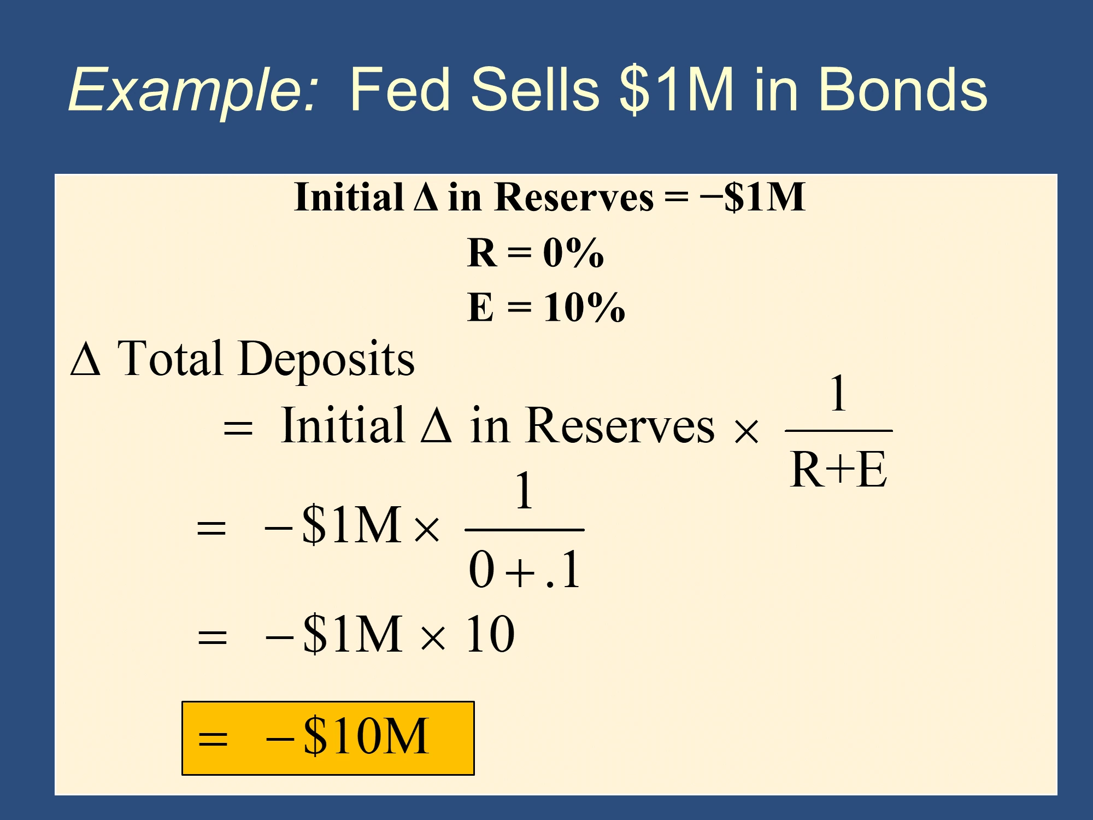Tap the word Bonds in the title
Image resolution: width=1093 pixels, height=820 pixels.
click(903, 89)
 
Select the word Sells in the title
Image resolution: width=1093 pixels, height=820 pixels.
click(535, 89)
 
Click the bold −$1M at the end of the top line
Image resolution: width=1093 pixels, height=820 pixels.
click(753, 197)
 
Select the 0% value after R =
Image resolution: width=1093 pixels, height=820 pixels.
click(573, 253)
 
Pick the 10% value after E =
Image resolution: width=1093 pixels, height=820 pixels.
click(584, 307)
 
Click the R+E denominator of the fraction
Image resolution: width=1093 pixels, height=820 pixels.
click(838, 470)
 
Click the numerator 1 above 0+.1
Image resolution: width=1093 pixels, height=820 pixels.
click(524, 490)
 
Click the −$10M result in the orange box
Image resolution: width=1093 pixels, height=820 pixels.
click(348, 736)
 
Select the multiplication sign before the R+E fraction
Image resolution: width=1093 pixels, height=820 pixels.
click(746, 431)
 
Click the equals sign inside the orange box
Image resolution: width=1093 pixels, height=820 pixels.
click(213, 739)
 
